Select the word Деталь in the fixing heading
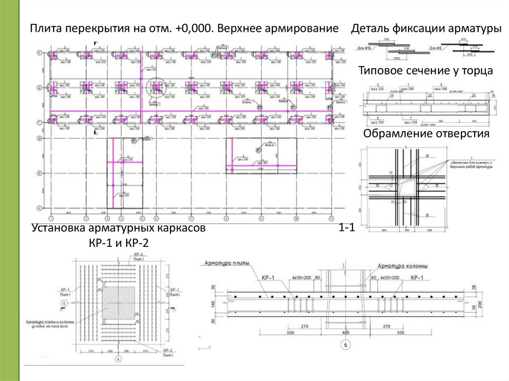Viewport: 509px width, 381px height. point(368,29)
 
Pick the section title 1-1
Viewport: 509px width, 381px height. point(346,229)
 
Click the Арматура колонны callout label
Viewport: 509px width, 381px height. point(397,266)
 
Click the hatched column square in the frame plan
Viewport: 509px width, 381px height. point(118,304)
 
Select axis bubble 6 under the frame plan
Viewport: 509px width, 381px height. point(118,359)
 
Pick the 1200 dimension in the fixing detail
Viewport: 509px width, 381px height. point(396,57)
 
